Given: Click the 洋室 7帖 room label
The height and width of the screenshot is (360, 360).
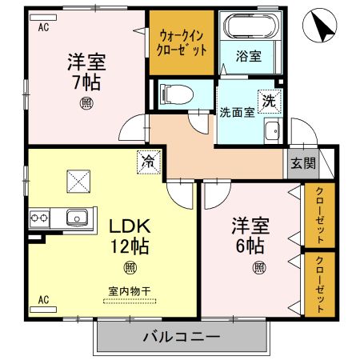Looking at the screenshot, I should tap(86, 72).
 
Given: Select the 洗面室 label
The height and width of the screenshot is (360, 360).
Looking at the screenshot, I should tap(237, 112).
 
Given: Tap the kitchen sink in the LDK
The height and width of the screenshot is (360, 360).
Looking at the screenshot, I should tap(78, 216).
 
